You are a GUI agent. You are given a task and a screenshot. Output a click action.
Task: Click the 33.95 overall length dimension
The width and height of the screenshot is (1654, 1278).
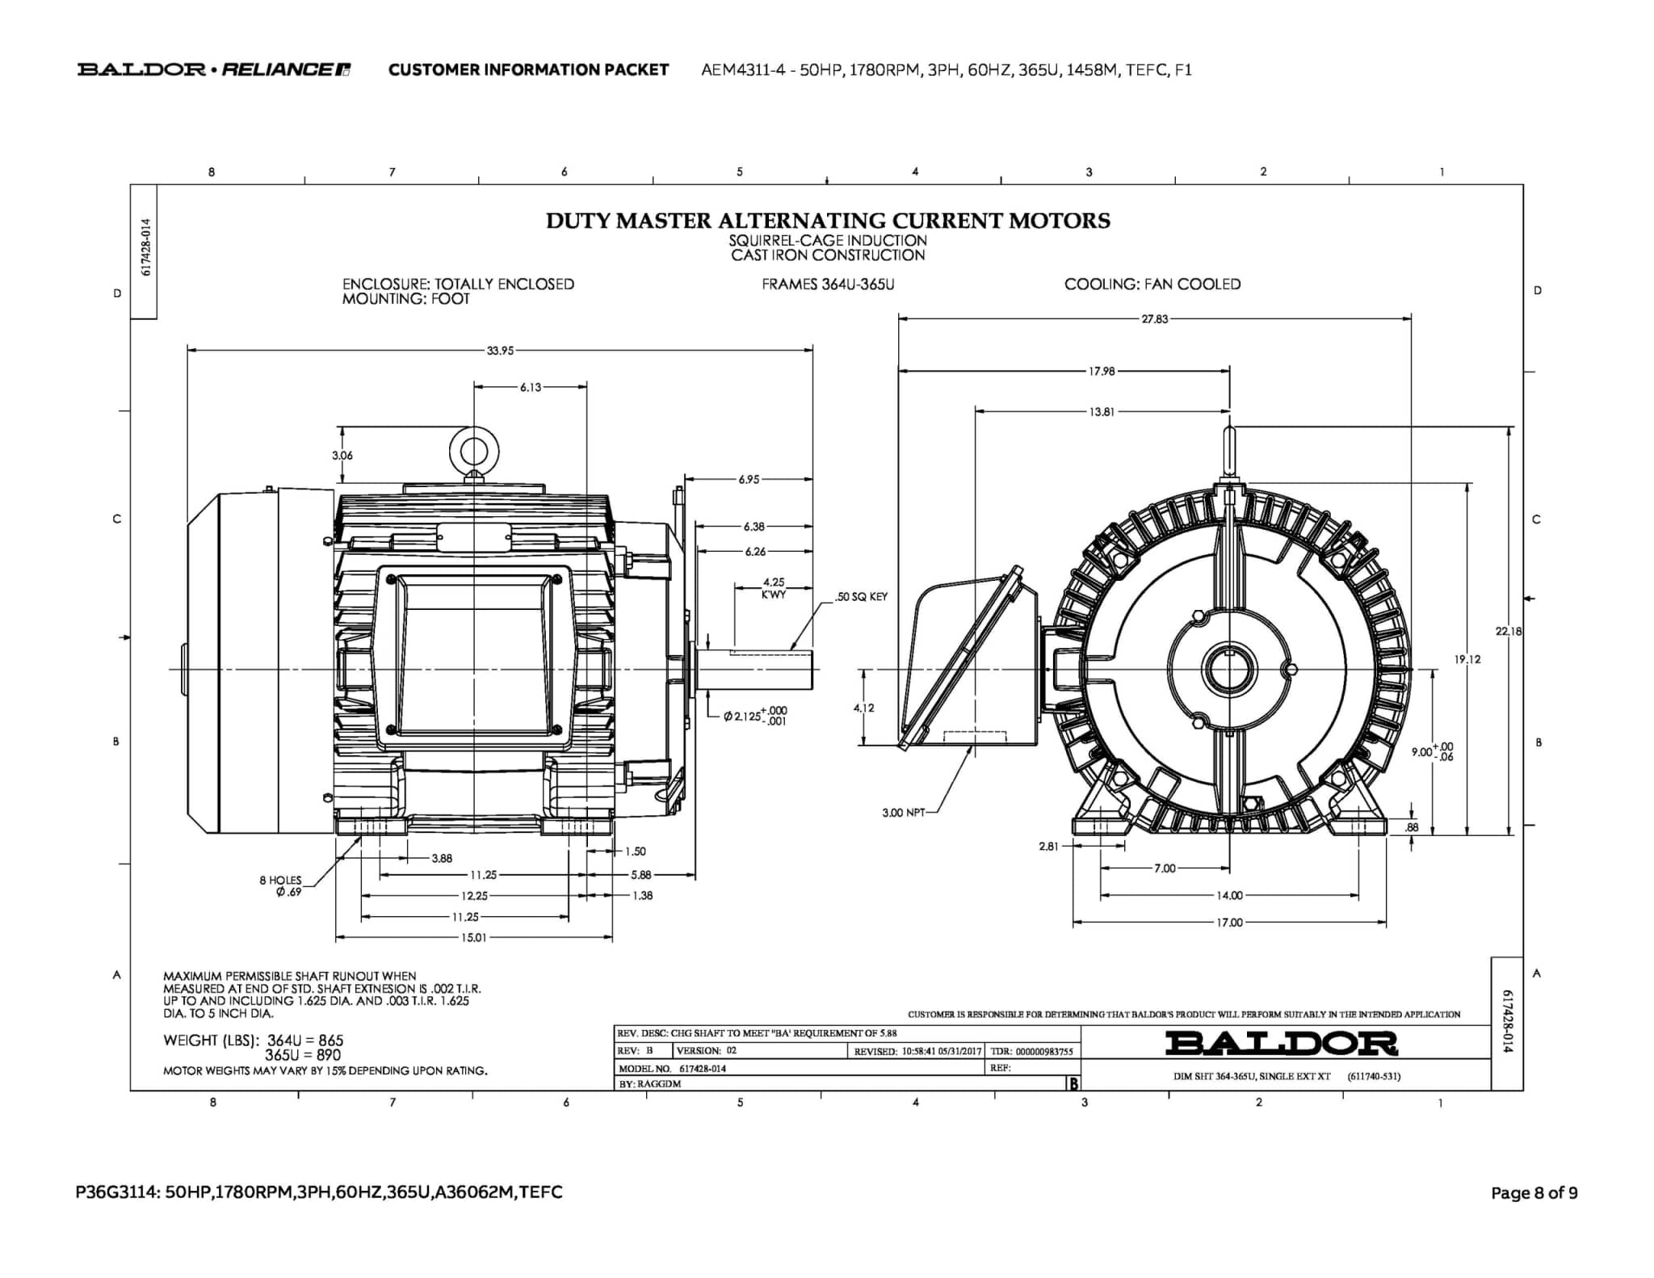tap(500, 351)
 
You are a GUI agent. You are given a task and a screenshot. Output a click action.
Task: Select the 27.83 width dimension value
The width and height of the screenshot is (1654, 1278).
tap(1154, 319)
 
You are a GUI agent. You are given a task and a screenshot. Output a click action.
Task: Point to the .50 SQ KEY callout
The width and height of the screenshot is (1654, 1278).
tap(861, 597)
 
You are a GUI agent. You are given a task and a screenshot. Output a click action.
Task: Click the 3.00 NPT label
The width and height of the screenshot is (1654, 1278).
tap(904, 813)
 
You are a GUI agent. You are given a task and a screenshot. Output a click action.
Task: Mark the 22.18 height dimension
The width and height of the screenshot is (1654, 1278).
tap(1508, 631)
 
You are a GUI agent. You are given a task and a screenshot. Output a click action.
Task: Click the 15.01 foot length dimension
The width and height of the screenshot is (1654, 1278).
tap(473, 938)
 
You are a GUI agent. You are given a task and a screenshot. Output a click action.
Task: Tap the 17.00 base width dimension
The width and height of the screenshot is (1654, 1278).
tap(1229, 923)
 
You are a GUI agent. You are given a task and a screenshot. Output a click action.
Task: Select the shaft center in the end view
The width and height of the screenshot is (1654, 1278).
tap(1229, 670)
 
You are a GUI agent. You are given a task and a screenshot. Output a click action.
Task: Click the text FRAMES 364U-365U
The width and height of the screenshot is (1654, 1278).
tap(828, 284)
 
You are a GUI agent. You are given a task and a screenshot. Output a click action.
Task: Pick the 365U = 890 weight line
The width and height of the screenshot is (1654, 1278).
tap(303, 1055)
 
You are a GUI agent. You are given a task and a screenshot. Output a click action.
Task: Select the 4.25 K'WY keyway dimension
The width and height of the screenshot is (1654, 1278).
tap(773, 587)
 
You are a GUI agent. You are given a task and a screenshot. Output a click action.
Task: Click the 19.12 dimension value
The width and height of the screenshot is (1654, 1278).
tap(1467, 659)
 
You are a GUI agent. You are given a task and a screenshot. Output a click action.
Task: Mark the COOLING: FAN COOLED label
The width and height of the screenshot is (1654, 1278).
tap(1152, 284)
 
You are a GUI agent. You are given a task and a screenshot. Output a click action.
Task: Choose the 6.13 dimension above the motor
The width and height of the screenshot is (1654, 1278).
tap(531, 388)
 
